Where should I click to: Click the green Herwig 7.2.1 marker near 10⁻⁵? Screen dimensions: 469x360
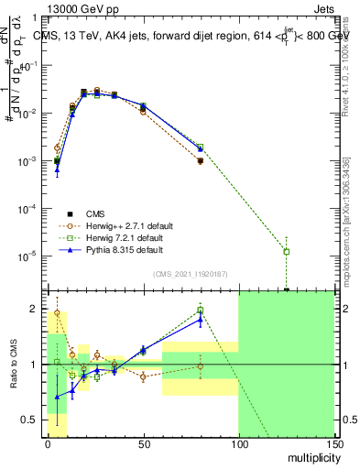pyautogui.click(x=287, y=251)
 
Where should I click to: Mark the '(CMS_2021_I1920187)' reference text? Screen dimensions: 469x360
pyautogui.click(x=191, y=274)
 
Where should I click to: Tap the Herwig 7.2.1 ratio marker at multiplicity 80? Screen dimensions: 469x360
pyautogui.click(x=200, y=310)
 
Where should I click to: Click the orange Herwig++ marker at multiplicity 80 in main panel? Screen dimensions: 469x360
pyautogui.click(x=200, y=161)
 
